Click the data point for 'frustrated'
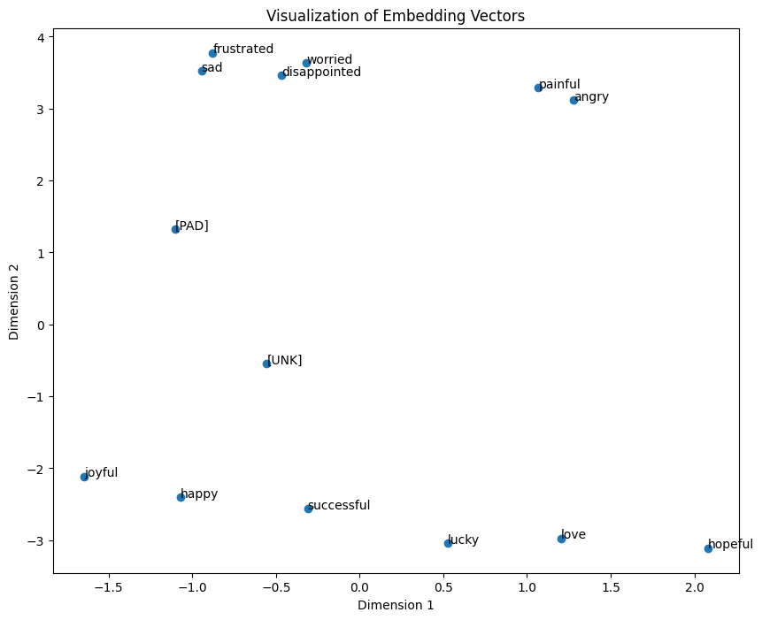[212, 53]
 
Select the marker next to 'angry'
[573, 100]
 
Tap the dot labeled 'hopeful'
[708, 548]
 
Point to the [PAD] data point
[175, 229]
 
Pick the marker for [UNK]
[266, 364]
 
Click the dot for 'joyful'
[84, 477]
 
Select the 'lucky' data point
[448, 543]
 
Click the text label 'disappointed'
[321, 73]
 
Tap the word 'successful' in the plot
[339, 506]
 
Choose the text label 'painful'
[559, 85]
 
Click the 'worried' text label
[329, 60]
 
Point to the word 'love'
[573, 535]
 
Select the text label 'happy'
[199, 494]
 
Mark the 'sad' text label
[212, 68]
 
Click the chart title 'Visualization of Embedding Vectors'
[395, 15]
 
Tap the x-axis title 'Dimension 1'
[396, 606]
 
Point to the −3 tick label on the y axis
[35, 540]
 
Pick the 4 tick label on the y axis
[41, 37]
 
